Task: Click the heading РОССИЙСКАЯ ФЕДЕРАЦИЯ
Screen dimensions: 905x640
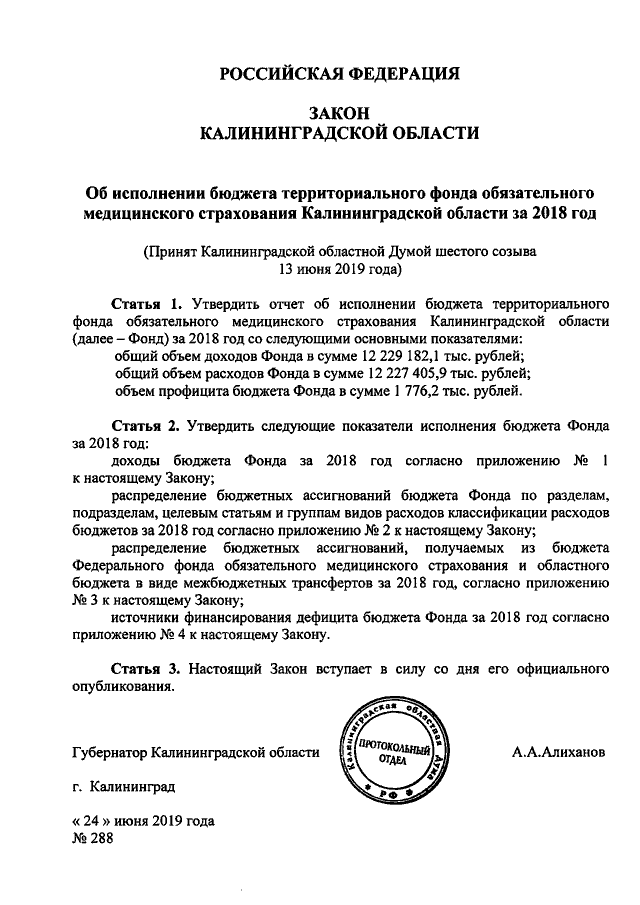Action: pyautogui.click(x=339, y=73)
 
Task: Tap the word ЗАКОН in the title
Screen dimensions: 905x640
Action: pyautogui.click(x=339, y=113)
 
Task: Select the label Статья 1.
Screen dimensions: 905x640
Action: pyautogui.click(x=148, y=302)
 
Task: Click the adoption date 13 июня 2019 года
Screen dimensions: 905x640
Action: pyautogui.click(x=338, y=270)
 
